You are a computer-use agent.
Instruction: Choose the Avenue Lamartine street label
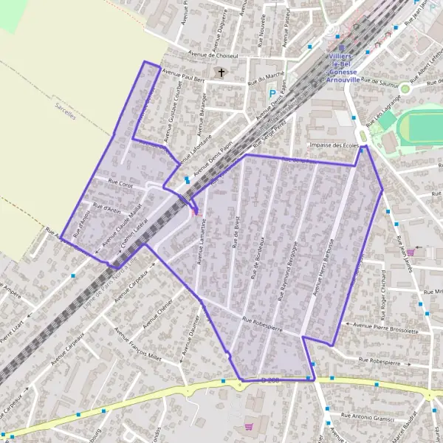(200, 240)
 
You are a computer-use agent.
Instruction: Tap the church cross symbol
(221, 72)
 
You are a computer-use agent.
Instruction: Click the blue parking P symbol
(272, 94)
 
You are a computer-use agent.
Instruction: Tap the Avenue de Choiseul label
(210, 55)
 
